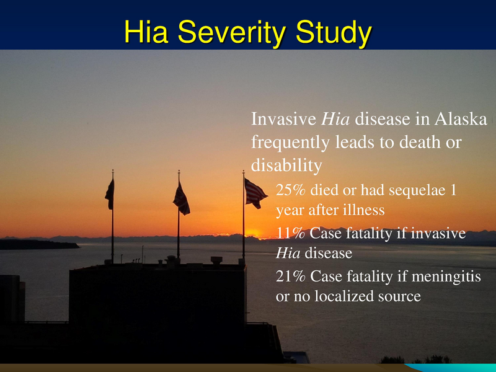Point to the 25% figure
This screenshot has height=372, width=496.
click(x=290, y=191)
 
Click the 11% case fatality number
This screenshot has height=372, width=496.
click(x=290, y=234)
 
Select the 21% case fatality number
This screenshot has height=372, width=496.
click(x=290, y=276)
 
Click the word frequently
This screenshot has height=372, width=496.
click(x=290, y=142)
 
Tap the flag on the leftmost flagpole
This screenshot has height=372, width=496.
click(x=110, y=194)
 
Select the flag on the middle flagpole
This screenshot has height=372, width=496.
click(x=181, y=198)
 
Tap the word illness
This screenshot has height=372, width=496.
click(x=363, y=211)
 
